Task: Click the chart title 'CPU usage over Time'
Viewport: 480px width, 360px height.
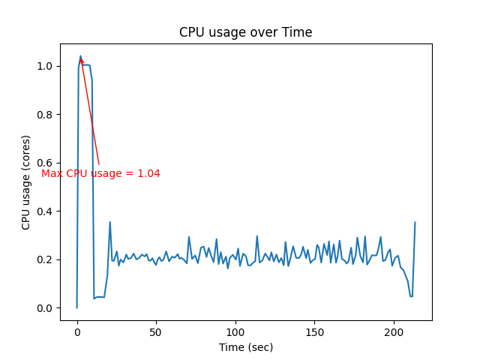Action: click(245, 32)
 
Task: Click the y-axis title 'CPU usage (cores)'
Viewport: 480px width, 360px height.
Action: click(26, 182)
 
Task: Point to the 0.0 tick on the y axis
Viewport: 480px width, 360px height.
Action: click(46, 308)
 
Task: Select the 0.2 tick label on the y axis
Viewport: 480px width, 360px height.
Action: click(46, 259)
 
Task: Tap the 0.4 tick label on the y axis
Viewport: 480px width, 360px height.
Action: click(46, 211)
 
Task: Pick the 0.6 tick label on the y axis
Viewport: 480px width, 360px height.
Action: click(46, 163)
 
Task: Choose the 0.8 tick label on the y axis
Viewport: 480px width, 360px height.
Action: click(46, 115)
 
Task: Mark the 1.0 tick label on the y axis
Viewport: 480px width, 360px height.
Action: click(46, 66)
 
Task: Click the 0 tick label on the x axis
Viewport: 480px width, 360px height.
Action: click(76, 331)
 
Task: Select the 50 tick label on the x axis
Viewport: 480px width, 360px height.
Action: click(156, 331)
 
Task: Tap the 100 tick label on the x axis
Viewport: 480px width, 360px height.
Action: click(235, 331)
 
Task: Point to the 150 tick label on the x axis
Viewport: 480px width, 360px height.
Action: click(315, 331)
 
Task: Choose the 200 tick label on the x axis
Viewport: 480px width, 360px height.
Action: click(394, 331)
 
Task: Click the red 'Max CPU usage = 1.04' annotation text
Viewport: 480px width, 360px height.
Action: click(100, 173)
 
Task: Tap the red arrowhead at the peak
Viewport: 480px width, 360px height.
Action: click(81, 60)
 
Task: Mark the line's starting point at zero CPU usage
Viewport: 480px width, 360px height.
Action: click(76, 307)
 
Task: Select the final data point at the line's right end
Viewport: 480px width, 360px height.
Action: click(415, 222)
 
